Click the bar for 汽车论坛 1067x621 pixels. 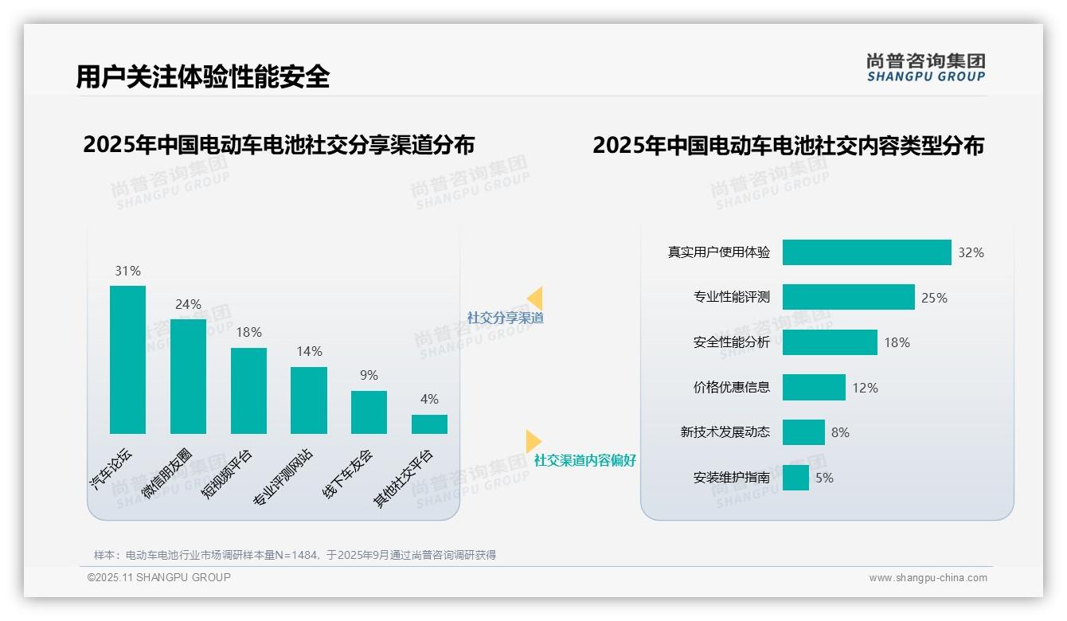point(127,360)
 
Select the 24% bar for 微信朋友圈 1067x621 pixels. point(188,377)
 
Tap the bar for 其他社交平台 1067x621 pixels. point(429,424)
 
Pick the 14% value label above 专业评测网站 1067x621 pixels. point(309,351)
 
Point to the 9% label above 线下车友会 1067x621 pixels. point(369,375)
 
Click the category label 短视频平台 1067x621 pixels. point(227,473)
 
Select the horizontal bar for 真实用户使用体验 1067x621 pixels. point(866,252)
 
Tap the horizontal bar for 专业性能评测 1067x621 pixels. point(848,297)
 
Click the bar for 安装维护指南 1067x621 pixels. point(795,478)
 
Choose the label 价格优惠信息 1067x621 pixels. point(732,388)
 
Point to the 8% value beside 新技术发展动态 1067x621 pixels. point(840,432)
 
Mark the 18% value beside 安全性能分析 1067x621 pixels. point(897,342)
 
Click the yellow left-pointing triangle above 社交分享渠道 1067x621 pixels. point(535,298)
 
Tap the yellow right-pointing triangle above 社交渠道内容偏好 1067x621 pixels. point(533,441)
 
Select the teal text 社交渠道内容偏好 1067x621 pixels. point(585,460)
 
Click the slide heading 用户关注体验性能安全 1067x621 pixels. point(202,76)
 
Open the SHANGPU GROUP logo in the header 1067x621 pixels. point(926,68)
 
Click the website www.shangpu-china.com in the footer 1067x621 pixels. point(928,578)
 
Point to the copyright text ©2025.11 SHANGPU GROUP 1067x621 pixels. point(159,577)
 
